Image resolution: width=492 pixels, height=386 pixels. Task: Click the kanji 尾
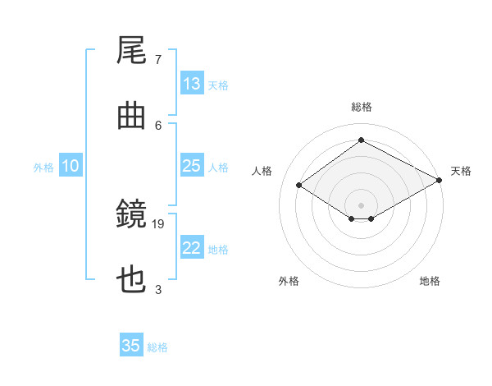[131, 50]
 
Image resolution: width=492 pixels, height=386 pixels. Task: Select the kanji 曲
[131, 116]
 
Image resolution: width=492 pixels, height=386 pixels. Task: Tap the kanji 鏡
[131, 214]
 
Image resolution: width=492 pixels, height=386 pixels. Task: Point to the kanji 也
[131, 279]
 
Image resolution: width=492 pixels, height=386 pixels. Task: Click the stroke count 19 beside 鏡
[157, 224]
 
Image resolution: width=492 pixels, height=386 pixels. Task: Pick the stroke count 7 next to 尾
[158, 60]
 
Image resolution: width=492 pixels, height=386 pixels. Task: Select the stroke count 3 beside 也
[158, 289]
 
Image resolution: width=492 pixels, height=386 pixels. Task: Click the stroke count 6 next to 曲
[158, 126]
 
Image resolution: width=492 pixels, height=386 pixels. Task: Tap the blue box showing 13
[192, 83]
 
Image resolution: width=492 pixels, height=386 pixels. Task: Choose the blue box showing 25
[192, 165]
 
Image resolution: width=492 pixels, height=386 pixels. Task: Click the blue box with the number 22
[192, 246]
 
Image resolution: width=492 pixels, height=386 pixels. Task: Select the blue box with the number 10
[71, 165]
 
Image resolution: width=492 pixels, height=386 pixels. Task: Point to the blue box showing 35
[131, 344]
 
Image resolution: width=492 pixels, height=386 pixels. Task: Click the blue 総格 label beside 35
[157, 347]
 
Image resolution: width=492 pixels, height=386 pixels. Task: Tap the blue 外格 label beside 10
[43, 168]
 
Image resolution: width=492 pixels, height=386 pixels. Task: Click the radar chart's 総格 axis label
[362, 107]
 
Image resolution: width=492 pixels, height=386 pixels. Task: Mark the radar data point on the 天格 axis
[440, 180]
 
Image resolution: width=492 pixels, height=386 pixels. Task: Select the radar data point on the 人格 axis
[299, 185]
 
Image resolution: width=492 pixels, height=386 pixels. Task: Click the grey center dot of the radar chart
[361, 205]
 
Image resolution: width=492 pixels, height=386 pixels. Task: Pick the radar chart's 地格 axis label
[430, 281]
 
